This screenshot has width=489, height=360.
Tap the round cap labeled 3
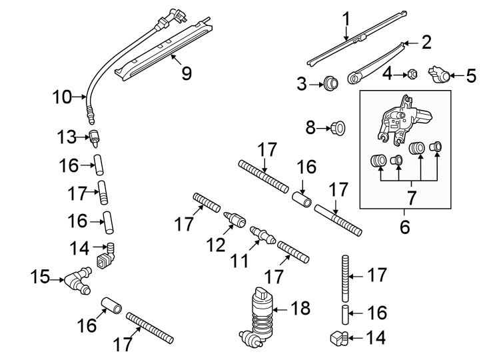point(329,83)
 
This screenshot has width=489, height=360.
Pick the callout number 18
point(301,309)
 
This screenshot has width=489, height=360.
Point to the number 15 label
point(41,276)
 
